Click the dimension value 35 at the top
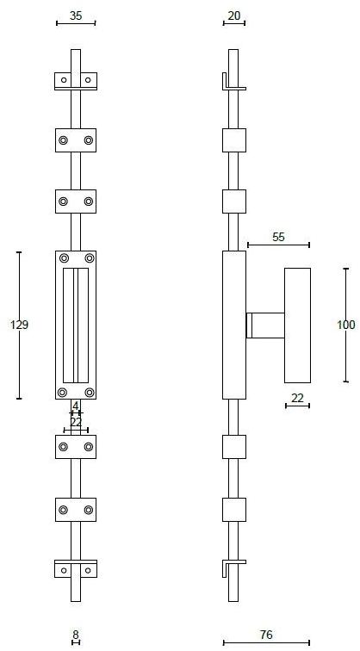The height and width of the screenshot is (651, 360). pyautogui.click(x=76, y=15)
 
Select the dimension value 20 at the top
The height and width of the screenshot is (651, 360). pyautogui.click(x=233, y=15)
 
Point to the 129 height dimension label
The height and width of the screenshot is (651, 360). pyautogui.click(x=19, y=325)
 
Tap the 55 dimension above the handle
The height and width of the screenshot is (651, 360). pyautogui.click(x=278, y=237)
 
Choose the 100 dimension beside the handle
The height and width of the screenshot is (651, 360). pyautogui.click(x=345, y=325)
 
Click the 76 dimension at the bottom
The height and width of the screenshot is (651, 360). pyautogui.click(x=265, y=635)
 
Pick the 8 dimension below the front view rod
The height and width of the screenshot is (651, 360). pyautogui.click(x=76, y=635)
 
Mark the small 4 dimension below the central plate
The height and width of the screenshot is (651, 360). pyautogui.click(x=76, y=406)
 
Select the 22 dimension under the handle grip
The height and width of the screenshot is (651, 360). pyautogui.click(x=297, y=398)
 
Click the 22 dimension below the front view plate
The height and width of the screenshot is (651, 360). pyautogui.click(x=76, y=421)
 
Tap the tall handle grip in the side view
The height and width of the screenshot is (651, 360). pyautogui.click(x=297, y=325)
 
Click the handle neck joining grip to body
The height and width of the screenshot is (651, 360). pyautogui.click(x=264, y=325)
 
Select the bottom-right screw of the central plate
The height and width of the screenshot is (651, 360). pyautogui.click(x=89, y=393)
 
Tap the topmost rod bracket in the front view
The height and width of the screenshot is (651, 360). pyautogui.click(x=76, y=81)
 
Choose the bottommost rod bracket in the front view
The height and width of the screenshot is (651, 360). pyautogui.click(x=76, y=569)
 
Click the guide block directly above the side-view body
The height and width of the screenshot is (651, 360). pyautogui.click(x=234, y=201)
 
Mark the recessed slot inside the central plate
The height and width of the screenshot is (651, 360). pyautogui.click(x=76, y=325)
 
